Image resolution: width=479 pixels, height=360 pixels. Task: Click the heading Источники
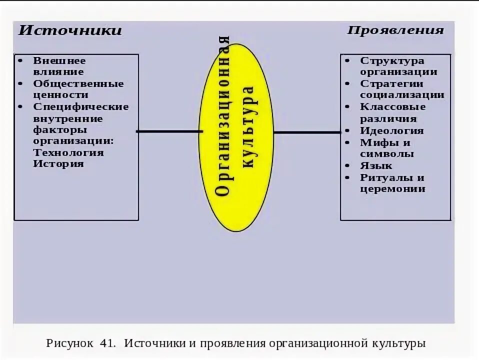(70, 30)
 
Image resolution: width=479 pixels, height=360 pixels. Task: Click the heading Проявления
(395, 30)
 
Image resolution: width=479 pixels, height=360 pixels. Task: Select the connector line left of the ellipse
(169, 131)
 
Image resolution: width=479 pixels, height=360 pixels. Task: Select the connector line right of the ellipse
(306, 132)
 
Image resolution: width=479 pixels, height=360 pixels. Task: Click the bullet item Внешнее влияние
(59, 66)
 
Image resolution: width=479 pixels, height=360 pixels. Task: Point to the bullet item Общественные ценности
(78, 89)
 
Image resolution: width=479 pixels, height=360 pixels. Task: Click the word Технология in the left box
(68, 152)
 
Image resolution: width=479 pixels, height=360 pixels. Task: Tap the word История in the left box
(58, 164)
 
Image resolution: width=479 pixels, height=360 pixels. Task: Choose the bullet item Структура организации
(398, 66)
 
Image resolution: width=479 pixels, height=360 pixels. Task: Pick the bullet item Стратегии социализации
(402, 89)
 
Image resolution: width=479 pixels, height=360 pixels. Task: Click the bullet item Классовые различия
(392, 112)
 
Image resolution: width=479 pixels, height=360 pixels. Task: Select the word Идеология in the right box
(391, 131)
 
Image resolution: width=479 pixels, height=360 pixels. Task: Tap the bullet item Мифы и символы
(386, 148)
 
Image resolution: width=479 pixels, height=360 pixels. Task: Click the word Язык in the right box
(376, 165)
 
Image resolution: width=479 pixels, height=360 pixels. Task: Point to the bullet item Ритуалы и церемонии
(392, 183)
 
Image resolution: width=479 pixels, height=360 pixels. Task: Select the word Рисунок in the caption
(69, 343)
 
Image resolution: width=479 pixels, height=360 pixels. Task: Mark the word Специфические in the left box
(81, 106)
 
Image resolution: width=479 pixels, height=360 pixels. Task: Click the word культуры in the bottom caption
(399, 343)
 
